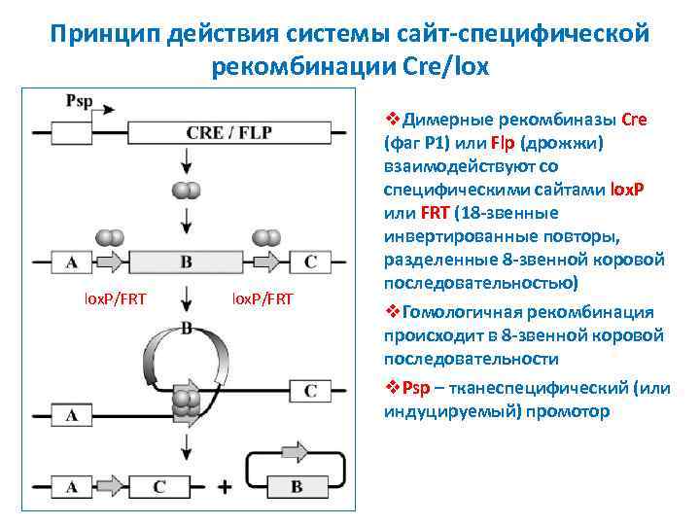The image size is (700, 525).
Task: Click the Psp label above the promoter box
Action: [x=80, y=100]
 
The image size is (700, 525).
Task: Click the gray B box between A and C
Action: [x=186, y=261]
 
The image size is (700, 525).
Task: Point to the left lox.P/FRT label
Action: [x=111, y=297]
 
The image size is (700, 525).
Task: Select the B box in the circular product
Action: [x=297, y=484]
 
